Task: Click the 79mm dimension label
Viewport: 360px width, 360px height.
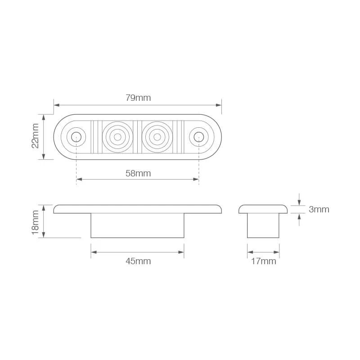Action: coord(138,98)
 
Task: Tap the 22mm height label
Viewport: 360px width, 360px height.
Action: coord(35,136)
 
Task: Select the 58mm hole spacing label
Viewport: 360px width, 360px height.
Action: coord(138,173)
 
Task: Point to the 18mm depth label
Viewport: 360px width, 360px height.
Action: coord(35,222)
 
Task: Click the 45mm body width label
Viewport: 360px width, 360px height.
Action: coord(138,261)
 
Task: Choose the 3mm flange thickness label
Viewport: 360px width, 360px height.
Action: coord(319,209)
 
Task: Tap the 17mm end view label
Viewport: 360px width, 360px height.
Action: coord(263,261)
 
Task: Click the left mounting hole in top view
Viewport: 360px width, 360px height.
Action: coord(76,137)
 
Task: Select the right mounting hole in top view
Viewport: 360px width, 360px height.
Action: coord(199,137)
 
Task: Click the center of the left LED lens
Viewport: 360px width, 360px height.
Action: coord(117,137)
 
